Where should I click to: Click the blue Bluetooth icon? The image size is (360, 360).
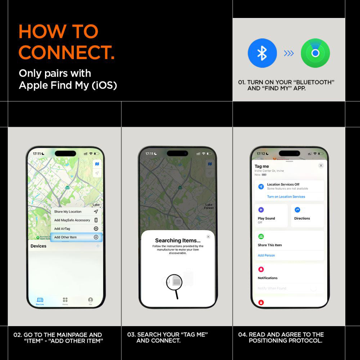click(262, 53)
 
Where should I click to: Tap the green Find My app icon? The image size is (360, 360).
click(315, 53)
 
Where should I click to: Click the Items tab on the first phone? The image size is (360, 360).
click(65, 301)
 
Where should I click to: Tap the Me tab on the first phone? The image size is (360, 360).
click(90, 301)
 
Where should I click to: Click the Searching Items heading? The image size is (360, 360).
click(177, 240)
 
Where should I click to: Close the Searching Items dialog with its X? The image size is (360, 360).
click(208, 237)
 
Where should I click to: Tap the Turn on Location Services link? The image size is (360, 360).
click(286, 197)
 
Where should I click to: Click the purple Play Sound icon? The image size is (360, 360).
click(261, 210)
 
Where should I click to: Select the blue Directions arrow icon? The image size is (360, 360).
click(297, 210)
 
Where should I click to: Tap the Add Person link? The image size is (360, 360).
click(266, 255)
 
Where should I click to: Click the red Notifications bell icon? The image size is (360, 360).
click(261, 269)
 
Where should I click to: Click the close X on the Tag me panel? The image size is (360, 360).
click(321, 165)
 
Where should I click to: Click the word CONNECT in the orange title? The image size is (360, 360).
click(67, 52)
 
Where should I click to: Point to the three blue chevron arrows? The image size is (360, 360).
click(289, 53)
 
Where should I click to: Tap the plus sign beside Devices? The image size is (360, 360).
click(98, 246)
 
